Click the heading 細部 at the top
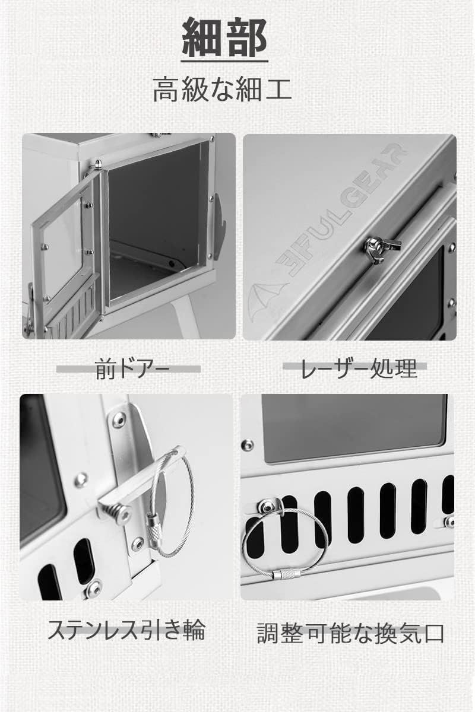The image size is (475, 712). [x=224, y=37]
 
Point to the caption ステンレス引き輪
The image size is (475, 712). [x=126, y=630]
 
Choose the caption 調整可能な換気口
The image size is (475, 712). [x=350, y=633]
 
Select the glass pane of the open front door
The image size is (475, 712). [x=62, y=247]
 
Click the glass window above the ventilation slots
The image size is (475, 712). [x=354, y=427]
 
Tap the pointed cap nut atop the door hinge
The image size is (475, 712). [x=97, y=164]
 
